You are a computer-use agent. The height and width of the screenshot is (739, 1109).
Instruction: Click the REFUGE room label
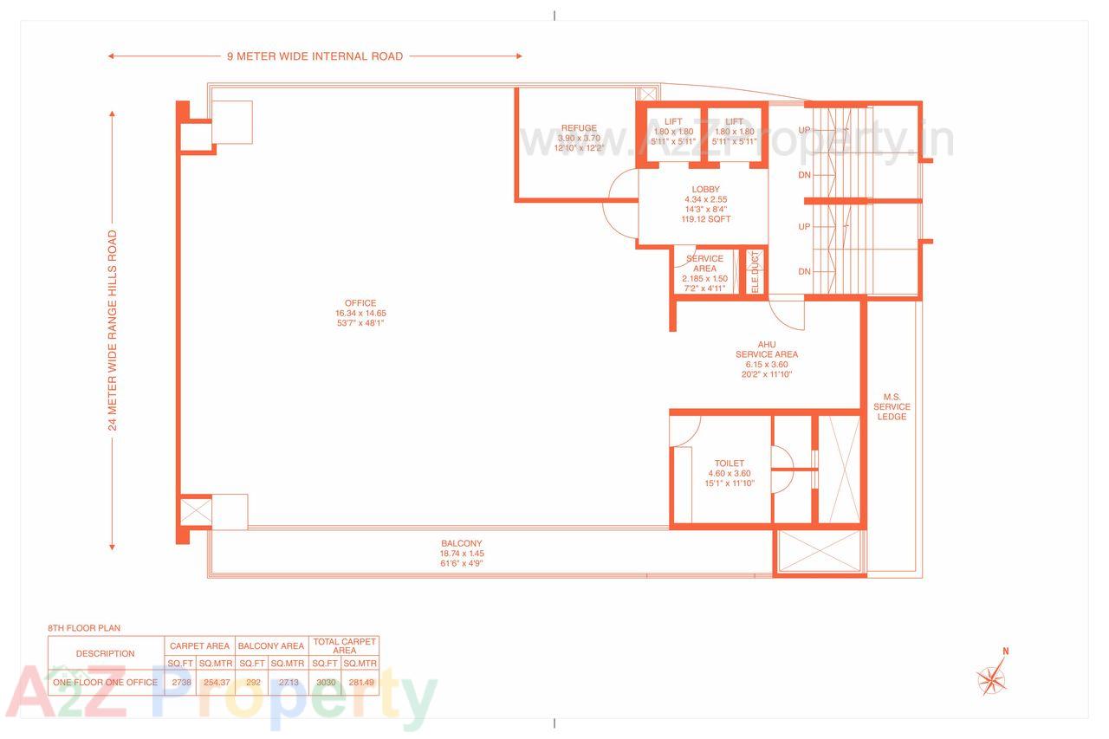(x=578, y=128)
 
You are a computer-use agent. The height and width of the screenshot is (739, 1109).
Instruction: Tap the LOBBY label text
(x=705, y=190)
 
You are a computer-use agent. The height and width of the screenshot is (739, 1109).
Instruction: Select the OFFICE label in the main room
(x=359, y=303)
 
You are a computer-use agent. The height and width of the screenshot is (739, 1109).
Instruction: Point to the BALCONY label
(x=461, y=544)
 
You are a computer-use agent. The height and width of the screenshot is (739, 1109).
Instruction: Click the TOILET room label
(x=730, y=463)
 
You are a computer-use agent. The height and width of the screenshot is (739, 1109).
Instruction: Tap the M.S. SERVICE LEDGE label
(x=892, y=406)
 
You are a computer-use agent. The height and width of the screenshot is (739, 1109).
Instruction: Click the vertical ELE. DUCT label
(x=755, y=271)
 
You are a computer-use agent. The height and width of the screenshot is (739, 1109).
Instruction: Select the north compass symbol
(x=993, y=675)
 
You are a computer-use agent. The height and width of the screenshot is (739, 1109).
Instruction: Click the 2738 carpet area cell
(x=182, y=683)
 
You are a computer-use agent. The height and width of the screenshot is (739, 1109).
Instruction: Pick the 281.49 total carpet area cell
(x=360, y=683)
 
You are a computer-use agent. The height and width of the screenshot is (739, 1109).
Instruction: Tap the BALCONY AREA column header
(x=270, y=645)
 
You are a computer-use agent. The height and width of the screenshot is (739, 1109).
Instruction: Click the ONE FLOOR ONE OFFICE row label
(x=106, y=683)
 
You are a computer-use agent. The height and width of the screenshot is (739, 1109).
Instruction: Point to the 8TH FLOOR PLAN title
(x=84, y=628)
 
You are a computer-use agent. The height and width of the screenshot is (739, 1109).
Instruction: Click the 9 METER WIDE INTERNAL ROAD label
(x=315, y=56)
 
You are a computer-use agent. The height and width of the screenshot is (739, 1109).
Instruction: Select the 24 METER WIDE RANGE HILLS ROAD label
(x=113, y=330)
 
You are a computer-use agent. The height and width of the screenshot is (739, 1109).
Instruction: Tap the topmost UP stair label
(x=804, y=130)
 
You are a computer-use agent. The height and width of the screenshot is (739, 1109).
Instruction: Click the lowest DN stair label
(x=804, y=272)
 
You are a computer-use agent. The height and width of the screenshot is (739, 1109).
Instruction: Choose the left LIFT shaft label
(x=673, y=122)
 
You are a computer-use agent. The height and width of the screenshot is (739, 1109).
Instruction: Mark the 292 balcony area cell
(x=252, y=683)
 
